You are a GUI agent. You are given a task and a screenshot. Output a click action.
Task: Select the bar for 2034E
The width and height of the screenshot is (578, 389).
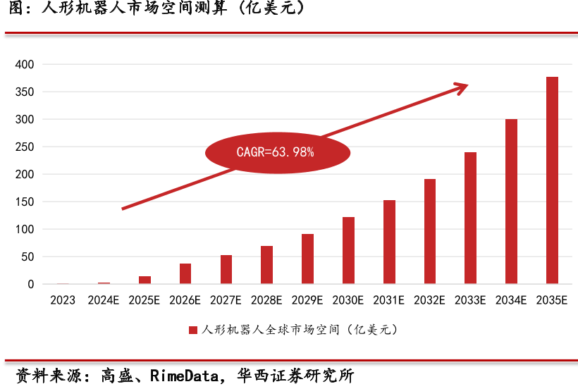click(511, 202)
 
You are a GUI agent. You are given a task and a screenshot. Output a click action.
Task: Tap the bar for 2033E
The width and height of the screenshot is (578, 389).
click(470, 218)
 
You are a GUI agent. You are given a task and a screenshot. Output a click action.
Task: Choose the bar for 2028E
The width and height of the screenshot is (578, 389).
click(266, 265)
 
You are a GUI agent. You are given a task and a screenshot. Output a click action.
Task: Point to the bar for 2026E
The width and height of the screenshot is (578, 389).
click(185, 273)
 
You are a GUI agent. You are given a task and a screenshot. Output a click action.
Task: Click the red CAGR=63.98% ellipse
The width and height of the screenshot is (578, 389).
click(278, 152)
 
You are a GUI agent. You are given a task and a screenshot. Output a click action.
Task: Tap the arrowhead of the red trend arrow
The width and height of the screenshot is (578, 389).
click(461, 87)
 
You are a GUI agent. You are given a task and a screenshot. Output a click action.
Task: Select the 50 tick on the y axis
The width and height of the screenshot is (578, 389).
click(27, 257)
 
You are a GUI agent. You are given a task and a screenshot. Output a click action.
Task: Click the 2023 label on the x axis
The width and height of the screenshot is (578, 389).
click(63, 300)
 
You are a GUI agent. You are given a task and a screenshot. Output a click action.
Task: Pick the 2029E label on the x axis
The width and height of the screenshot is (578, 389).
click(307, 300)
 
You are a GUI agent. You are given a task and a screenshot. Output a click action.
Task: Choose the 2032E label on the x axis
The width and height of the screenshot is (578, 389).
click(429, 300)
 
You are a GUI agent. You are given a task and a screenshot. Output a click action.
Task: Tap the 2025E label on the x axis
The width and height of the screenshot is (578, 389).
click(144, 300)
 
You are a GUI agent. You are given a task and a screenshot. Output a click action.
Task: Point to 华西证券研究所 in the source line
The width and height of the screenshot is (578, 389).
click(295, 375)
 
